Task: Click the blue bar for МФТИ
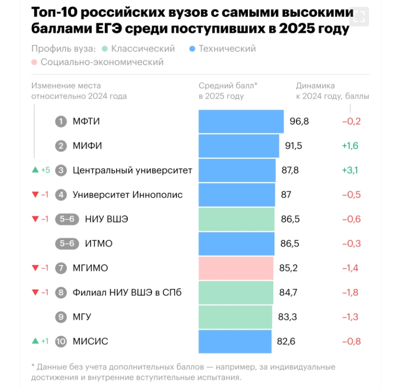241,121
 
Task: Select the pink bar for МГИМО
236,268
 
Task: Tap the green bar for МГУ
235,317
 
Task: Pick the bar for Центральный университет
237,170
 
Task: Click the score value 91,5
294,146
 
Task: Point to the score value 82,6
287,341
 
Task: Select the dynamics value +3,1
350,170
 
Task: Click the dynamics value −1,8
350,292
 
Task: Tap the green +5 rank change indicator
41,170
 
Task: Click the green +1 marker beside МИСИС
41,341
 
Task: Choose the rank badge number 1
61,121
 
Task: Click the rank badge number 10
61,341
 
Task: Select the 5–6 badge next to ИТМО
67,243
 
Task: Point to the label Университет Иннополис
127,194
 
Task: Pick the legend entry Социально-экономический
102,62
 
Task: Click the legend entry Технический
227,48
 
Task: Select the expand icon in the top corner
359,17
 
